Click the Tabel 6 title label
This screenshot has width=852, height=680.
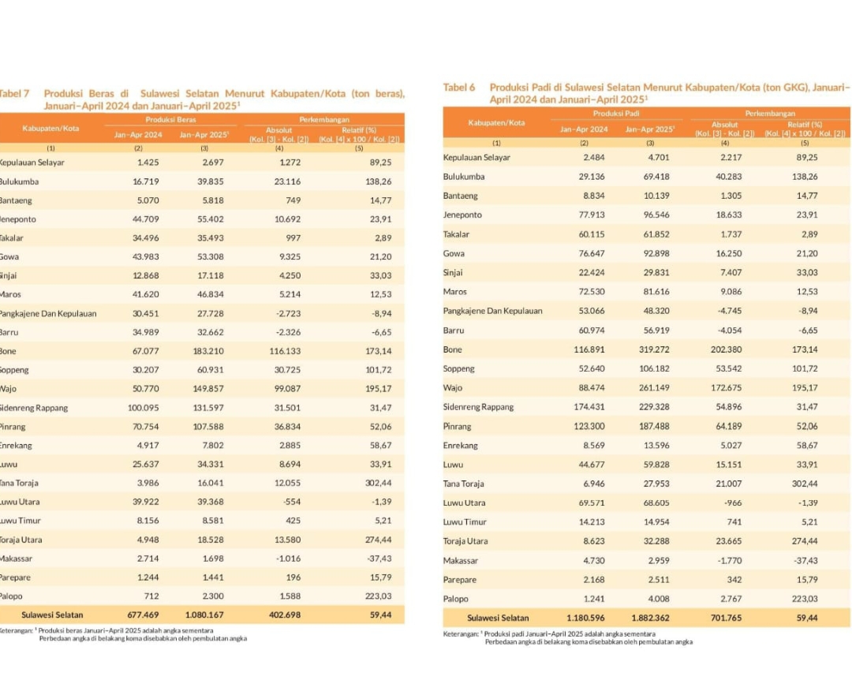[458, 87]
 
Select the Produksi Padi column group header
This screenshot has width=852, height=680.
[616, 114]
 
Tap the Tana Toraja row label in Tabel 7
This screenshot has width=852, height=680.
[19, 483]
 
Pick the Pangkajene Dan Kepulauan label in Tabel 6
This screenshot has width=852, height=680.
[492, 311]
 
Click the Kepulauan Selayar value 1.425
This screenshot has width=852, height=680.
[148, 162]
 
